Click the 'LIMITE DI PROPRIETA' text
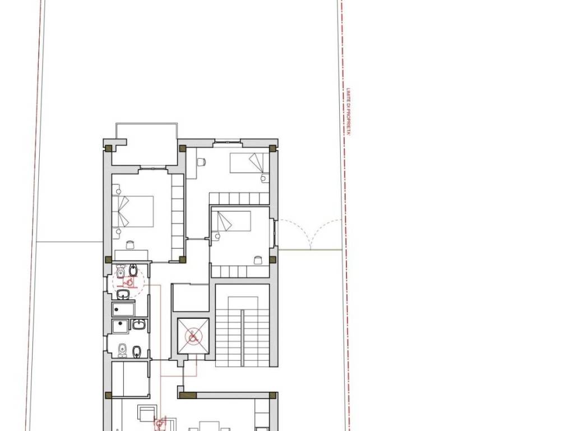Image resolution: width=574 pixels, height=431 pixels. [x=349, y=112]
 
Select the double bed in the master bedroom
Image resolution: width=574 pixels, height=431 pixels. [x=132, y=212]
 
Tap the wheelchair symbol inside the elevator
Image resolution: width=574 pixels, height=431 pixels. [x=193, y=336]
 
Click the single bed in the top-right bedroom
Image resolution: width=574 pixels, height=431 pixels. [x=247, y=163]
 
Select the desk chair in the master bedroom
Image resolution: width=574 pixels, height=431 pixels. [x=130, y=245]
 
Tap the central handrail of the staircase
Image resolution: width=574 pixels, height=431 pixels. [x=242, y=337]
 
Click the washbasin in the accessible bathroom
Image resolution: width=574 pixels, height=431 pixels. [x=123, y=294]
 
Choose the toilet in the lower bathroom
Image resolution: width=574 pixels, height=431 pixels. [x=122, y=351]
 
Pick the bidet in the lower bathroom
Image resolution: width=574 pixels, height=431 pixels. [x=137, y=352]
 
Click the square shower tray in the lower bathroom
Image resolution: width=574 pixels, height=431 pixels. [x=121, y=326]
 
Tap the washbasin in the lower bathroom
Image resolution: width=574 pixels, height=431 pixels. [x=139, y=324]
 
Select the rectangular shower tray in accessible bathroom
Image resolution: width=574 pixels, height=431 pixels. [x=123, y=310]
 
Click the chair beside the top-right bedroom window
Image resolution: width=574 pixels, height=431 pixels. [x=201, y=161]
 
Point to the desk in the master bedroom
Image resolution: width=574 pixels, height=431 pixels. [x=131, y=255]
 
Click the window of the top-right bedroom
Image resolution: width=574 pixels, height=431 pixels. [x=228, y=141]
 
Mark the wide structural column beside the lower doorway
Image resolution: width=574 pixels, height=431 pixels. [x=187, y=396]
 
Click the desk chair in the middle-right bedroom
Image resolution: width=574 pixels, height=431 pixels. [x=258, y=260]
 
